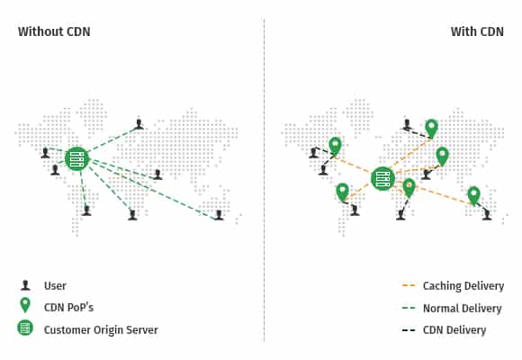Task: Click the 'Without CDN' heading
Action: [x=54, y=31]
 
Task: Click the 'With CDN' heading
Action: [x=477, y=31]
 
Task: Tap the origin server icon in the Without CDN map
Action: [x=77, y=159]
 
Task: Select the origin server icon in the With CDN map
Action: [x=382, y=178]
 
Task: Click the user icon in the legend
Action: [x=25, y=285]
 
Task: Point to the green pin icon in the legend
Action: [x=25, y=305]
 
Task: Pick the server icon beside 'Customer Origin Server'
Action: [x=25, y=328]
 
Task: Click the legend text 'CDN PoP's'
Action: [x=68, y=307]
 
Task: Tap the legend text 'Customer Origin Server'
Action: [x=101, y=329]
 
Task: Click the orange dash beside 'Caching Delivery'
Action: [x=409, y=285]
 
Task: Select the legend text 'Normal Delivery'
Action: [x=462, y=308]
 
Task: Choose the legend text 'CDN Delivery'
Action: [x=454, y=330]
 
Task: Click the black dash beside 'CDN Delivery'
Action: [x=409, y=330]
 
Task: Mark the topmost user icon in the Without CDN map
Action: [x=139, y=124]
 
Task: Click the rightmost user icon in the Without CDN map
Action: [x=219, y=215]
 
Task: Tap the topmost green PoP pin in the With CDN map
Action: [x=431, y=129]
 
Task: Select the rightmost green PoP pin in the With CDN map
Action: [x=473, y=196]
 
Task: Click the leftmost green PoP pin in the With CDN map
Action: [x=335, y=147]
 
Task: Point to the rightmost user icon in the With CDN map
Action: [x=487, y=215]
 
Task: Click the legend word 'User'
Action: [x=55, y=285]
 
